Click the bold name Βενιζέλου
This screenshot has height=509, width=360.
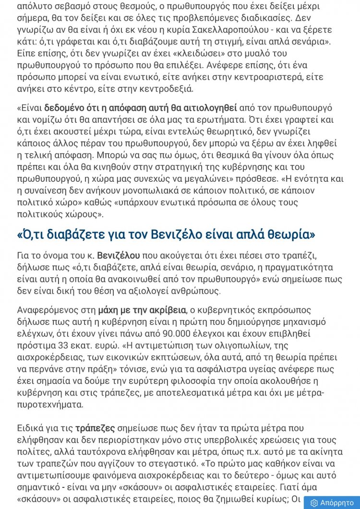pyautogui.click(x=119, y=255)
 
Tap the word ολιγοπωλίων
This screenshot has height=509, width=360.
pyautogui.click(x=226, y=345)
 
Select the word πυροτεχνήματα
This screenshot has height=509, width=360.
pyautogui.click(x=50, y=405)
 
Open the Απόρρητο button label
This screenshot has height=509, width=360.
pyautogui.click(x=337, y=503)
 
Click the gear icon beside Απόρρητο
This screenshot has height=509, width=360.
pyautogui.click(x=314, y=503)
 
